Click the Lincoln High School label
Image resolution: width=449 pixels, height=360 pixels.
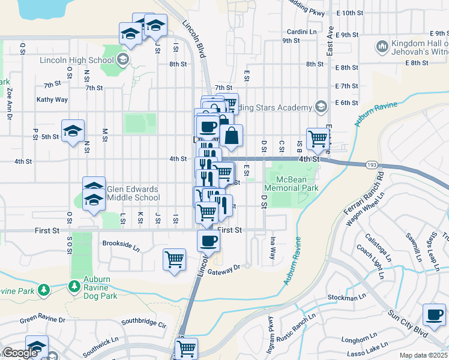(77, 59)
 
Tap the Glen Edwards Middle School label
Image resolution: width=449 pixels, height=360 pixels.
(133, 193)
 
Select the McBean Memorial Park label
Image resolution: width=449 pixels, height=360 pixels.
(295, 184)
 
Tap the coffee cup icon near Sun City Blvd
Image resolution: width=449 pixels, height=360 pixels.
(434, 314)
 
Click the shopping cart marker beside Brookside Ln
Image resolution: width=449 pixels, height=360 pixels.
(174, 260)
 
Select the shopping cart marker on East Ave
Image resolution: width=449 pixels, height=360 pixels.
(317, 139)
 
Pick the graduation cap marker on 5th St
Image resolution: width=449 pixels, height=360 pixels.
(73, 131)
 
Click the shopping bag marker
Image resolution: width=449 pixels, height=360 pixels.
(231, 136)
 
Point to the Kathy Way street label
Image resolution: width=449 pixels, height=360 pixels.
(52, 100)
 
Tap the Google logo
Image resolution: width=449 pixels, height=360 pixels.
(20, 353)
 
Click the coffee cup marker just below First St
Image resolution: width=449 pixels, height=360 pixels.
(208, 241)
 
